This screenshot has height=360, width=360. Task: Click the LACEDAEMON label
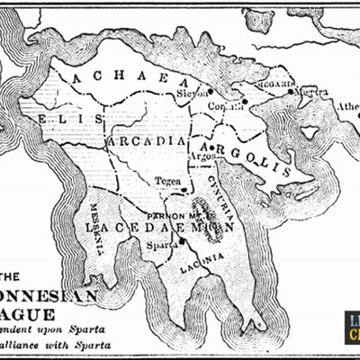pos(157,229)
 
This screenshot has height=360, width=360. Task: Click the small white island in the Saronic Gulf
pos(309,132)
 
